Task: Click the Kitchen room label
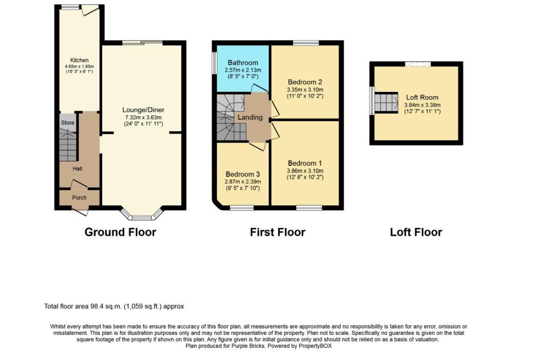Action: (x=79, y=60)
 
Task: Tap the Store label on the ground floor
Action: (x=68, y=122)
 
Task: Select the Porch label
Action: (x=79, y=198)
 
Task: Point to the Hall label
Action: (x=77, y=169)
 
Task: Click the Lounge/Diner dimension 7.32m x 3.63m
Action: (x=143, y=117)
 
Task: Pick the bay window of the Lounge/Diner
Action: (x=142, y=213)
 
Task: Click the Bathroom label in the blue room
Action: (x=243, y=63)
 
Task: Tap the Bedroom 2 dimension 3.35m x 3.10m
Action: (x=305, y=90)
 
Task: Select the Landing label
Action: (x=250, y=117)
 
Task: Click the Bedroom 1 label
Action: (x=304, y=163)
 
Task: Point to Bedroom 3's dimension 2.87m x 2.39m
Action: (x=243, y=182)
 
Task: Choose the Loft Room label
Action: (x=423, y=98)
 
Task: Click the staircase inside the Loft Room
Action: (x=386, y=103)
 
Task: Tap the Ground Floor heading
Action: (x=120, y=232)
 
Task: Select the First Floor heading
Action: (x=277, y=232)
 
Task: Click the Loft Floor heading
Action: (x=416, y=232)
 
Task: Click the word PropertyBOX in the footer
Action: (x=315, y=346)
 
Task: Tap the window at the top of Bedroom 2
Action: (x=306, y=43)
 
